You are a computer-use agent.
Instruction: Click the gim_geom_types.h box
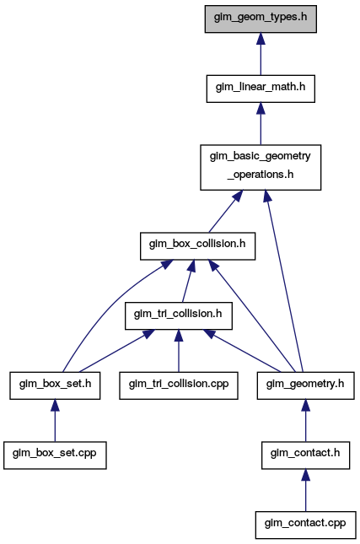coord(261,19)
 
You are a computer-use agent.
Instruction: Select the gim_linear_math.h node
coord(261,89)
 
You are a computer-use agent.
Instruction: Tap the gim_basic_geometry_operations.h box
coord(261,167)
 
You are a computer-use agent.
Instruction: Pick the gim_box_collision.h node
coord(197,246)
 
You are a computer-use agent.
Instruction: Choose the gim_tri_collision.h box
coord(178,315)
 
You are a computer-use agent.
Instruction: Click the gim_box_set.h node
coord(55,385)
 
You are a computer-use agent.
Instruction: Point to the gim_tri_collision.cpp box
coord(179,385)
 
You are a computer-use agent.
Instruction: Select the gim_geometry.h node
coord(305,385)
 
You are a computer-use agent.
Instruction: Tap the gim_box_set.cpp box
coord(55,455)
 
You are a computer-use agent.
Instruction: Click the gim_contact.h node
coord(305,455)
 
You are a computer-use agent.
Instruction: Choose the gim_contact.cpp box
coord(305,525)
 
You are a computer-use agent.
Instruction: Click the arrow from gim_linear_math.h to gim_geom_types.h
coord(261,54)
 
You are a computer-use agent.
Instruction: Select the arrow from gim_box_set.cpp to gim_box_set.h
coord(55,421)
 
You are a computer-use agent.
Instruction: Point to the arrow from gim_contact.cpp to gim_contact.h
coord(305,490)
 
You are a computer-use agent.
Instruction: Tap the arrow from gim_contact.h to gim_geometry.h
coord(305,421)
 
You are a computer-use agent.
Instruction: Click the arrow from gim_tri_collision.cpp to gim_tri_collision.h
coord(179,351)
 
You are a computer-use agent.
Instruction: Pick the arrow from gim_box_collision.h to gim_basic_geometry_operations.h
coord(226,212)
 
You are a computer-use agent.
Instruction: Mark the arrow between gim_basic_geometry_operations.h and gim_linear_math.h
coord(261,124)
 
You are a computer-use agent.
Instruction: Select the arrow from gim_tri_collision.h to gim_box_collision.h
coord(188,281)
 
